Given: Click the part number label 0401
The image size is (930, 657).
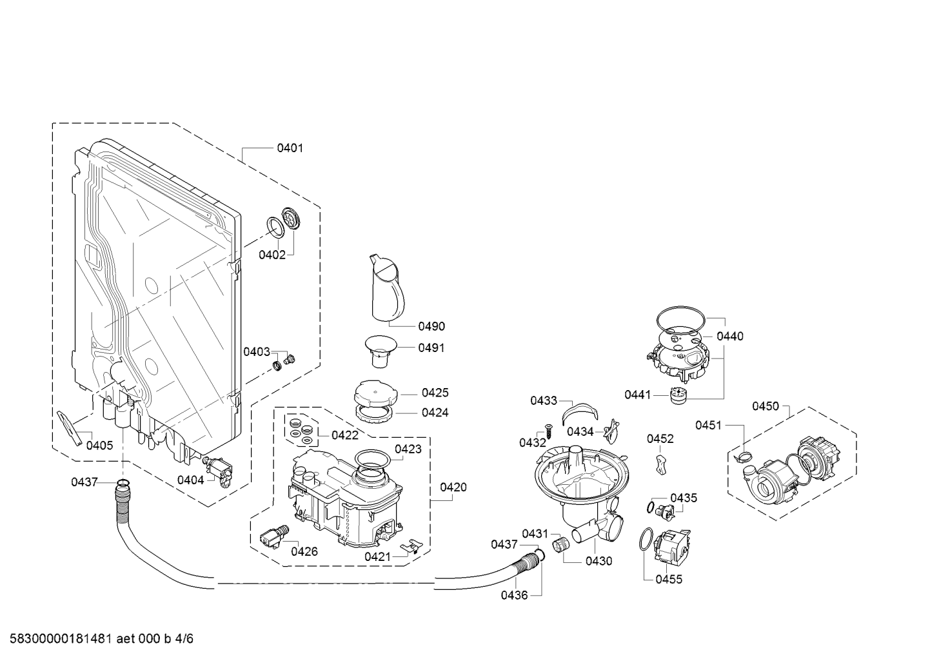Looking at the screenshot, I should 290,148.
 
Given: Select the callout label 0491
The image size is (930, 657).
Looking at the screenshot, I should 431,348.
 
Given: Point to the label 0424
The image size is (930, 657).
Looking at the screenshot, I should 435,413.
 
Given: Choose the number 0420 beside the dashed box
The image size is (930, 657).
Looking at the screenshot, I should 453,487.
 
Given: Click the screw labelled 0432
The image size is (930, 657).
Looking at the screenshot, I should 548,431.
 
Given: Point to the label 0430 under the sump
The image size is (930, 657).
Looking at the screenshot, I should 599,561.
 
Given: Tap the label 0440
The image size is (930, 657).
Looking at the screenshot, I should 729,336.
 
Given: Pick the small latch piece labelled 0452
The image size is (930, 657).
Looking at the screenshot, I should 660,462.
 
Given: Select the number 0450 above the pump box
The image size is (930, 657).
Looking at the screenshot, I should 766,406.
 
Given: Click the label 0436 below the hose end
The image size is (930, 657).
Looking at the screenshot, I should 514,595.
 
